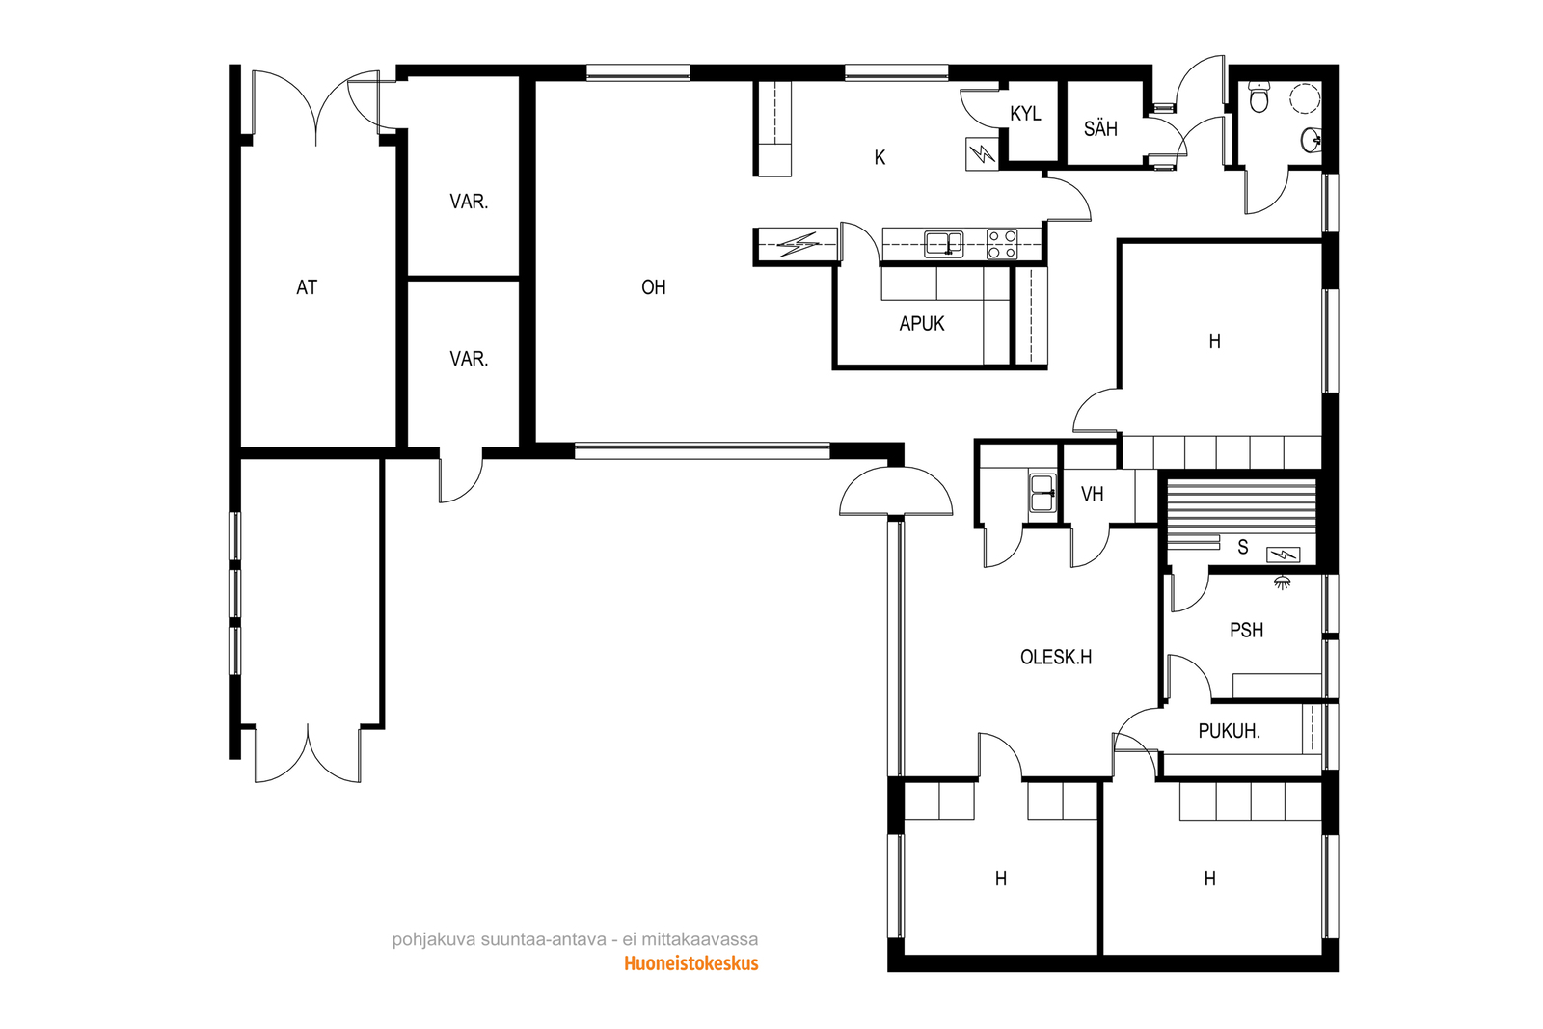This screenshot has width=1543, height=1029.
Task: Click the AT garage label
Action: point(307,287)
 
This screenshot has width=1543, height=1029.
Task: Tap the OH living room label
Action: point(654,287)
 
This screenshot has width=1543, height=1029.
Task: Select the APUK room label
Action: point(922,324)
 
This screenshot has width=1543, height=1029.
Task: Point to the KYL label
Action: point(1025,114)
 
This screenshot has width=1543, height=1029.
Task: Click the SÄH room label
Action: point(1100,129)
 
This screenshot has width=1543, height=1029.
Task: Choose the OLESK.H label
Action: point(1056,657)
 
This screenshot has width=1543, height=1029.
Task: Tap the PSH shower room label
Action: point(1247,630)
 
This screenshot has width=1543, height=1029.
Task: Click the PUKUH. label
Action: point(1229,731)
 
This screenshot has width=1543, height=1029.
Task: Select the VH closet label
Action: point(1092,494)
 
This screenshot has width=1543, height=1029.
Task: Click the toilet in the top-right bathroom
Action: point(1259,96)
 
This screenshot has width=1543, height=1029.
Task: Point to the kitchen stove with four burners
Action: point(1002,244)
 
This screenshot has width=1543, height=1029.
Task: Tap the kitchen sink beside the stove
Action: point(944,244)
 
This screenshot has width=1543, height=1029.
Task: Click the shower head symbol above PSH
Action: point(1282,582)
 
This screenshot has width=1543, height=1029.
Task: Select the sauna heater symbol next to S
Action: point(1283,555)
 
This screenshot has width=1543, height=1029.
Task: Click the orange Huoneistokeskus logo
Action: point(690,963)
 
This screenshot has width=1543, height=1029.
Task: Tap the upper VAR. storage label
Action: point(469,202)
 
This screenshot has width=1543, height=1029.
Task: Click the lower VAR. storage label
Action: point(469,359)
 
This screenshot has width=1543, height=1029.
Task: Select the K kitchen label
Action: point(880,158)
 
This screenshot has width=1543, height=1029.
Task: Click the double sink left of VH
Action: point(1042,493)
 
